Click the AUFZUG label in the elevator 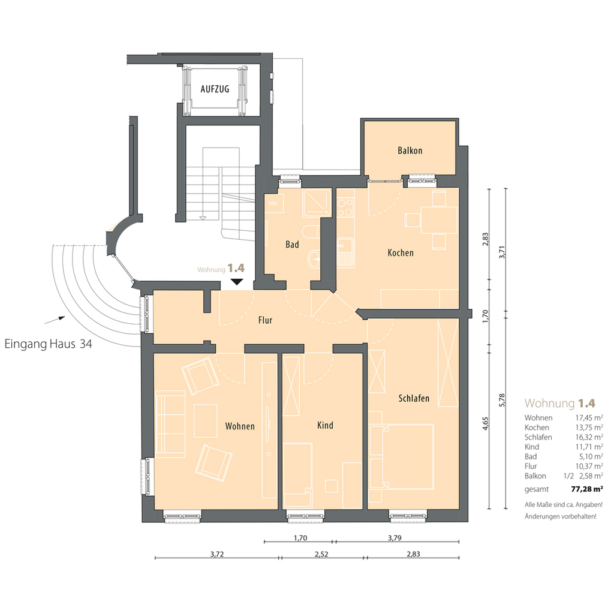coord(215,89)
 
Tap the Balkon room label coord(410,151)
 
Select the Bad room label coord(292,245)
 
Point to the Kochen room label coord(401,252)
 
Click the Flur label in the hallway coord(265,320)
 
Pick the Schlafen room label coord(414,398)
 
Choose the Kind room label coord(325,425)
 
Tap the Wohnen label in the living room coord(240,426)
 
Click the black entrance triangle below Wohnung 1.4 coord(237,282)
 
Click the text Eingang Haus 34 coord(48,344)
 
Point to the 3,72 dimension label coord(217,553)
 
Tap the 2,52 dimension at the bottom coord(321,553)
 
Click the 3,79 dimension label coord(395,538)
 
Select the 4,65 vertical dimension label coord(486,423)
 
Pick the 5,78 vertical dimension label coord(502,400)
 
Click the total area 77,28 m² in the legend coord(586,489)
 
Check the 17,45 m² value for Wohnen coord(589,418)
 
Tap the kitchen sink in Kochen coord(346,253)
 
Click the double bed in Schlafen coord(407,456)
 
